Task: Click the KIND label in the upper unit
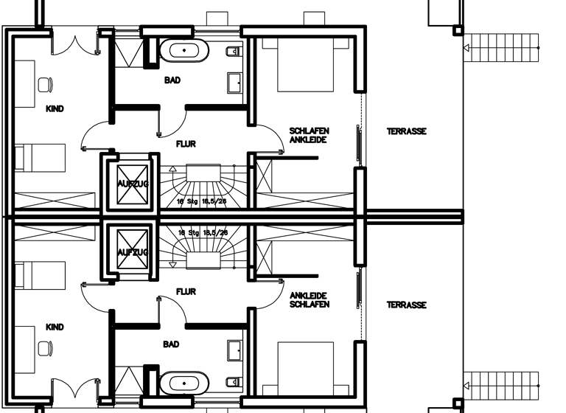[55, 109]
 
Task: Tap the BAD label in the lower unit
[172, 344]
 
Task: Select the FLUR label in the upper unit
[186, 145]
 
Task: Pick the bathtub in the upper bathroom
[184, 52]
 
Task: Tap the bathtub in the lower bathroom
[184, 383]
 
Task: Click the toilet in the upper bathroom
[232, 52]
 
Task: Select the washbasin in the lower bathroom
[236, 350]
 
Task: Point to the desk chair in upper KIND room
[45, 84]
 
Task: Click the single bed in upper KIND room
[41, 156]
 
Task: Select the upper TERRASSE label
[407, 131]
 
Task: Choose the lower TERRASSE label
[407, 305]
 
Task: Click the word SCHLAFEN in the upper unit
[309, 131]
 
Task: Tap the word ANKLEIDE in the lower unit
[309, 296]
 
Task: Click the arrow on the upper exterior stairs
[467, 49]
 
